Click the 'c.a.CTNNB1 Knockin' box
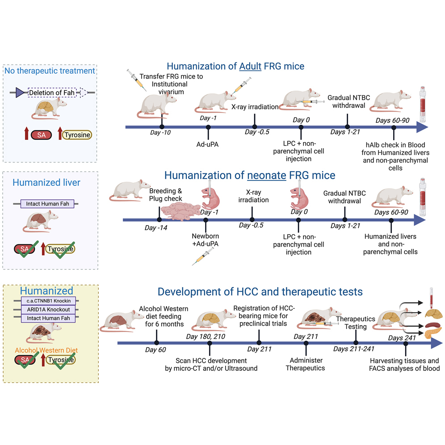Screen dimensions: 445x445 click(x=49, y=301)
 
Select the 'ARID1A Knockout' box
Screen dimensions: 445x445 click(x=49, y=309)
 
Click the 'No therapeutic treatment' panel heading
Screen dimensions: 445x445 click(x=50, y=71)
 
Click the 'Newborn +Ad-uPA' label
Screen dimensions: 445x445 click(x=206, y=240)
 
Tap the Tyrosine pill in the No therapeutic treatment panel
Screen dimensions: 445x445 click(x=77, y=134)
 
